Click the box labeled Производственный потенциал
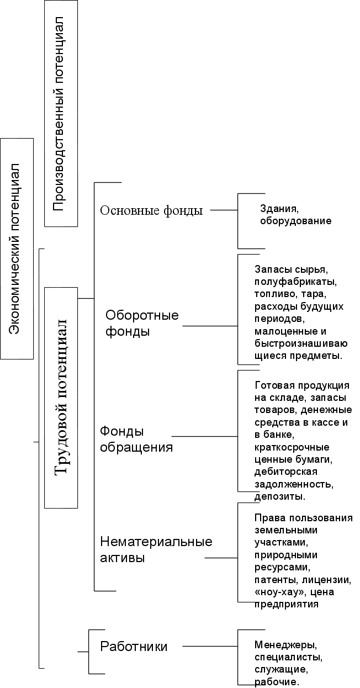61,113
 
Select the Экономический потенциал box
17,248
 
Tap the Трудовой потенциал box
61,398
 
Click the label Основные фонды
151,210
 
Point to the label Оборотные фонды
142,324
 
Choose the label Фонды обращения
136,439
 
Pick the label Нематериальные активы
156,549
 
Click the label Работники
134,646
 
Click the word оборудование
295,221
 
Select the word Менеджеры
285,645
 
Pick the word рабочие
275,682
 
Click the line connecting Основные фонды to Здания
224,210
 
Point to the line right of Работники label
210,645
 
